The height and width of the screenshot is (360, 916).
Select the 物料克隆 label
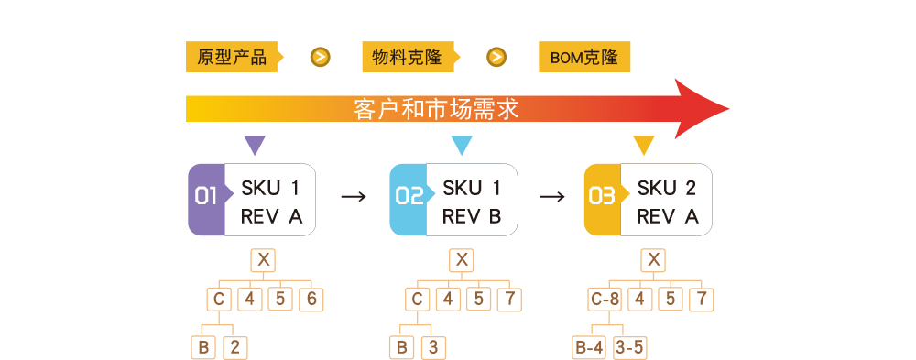(407, 58)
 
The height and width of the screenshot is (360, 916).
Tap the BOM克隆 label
(583, 58)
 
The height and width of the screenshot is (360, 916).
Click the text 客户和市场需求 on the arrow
(436, 109)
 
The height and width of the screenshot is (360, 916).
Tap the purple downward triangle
(255, 146)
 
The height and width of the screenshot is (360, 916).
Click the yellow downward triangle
(644, 146)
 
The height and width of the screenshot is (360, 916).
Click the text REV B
(472, 217)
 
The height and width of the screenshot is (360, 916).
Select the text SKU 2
(667, 189)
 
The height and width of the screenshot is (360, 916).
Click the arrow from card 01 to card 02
(353, 196)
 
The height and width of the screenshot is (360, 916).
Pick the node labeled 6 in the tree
(312, 299)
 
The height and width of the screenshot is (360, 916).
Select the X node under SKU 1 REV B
(462, 260)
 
